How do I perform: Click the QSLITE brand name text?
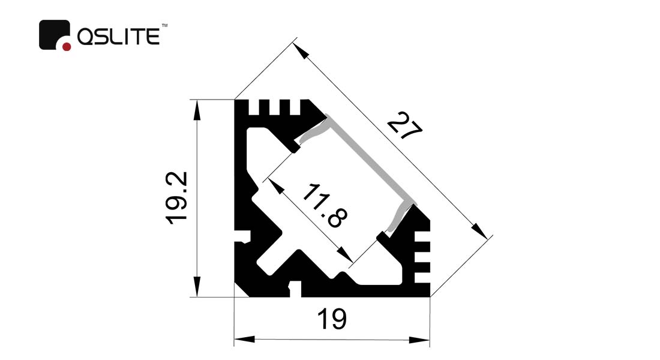(x=118, y=36)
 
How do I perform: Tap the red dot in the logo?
(x=67, y=46)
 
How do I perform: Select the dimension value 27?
(x=404, y=125)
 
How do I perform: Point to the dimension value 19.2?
(x=176, y=198)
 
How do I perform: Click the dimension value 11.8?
(x=325, y=205)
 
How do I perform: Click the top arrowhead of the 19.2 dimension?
(x=197, y=110)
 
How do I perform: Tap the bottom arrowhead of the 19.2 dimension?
(x=197, y=286)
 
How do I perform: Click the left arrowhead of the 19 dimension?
(x=245, y=340)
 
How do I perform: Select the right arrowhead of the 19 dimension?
(x=419, y=340)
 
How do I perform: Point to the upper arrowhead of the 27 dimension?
(x=301, y=50)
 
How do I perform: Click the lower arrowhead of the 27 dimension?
(x=479, y=231)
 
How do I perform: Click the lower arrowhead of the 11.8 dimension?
(x=345, y=255)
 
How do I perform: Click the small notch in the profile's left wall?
(x=242, y=236)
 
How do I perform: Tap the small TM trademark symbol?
(x=165, y=26)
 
